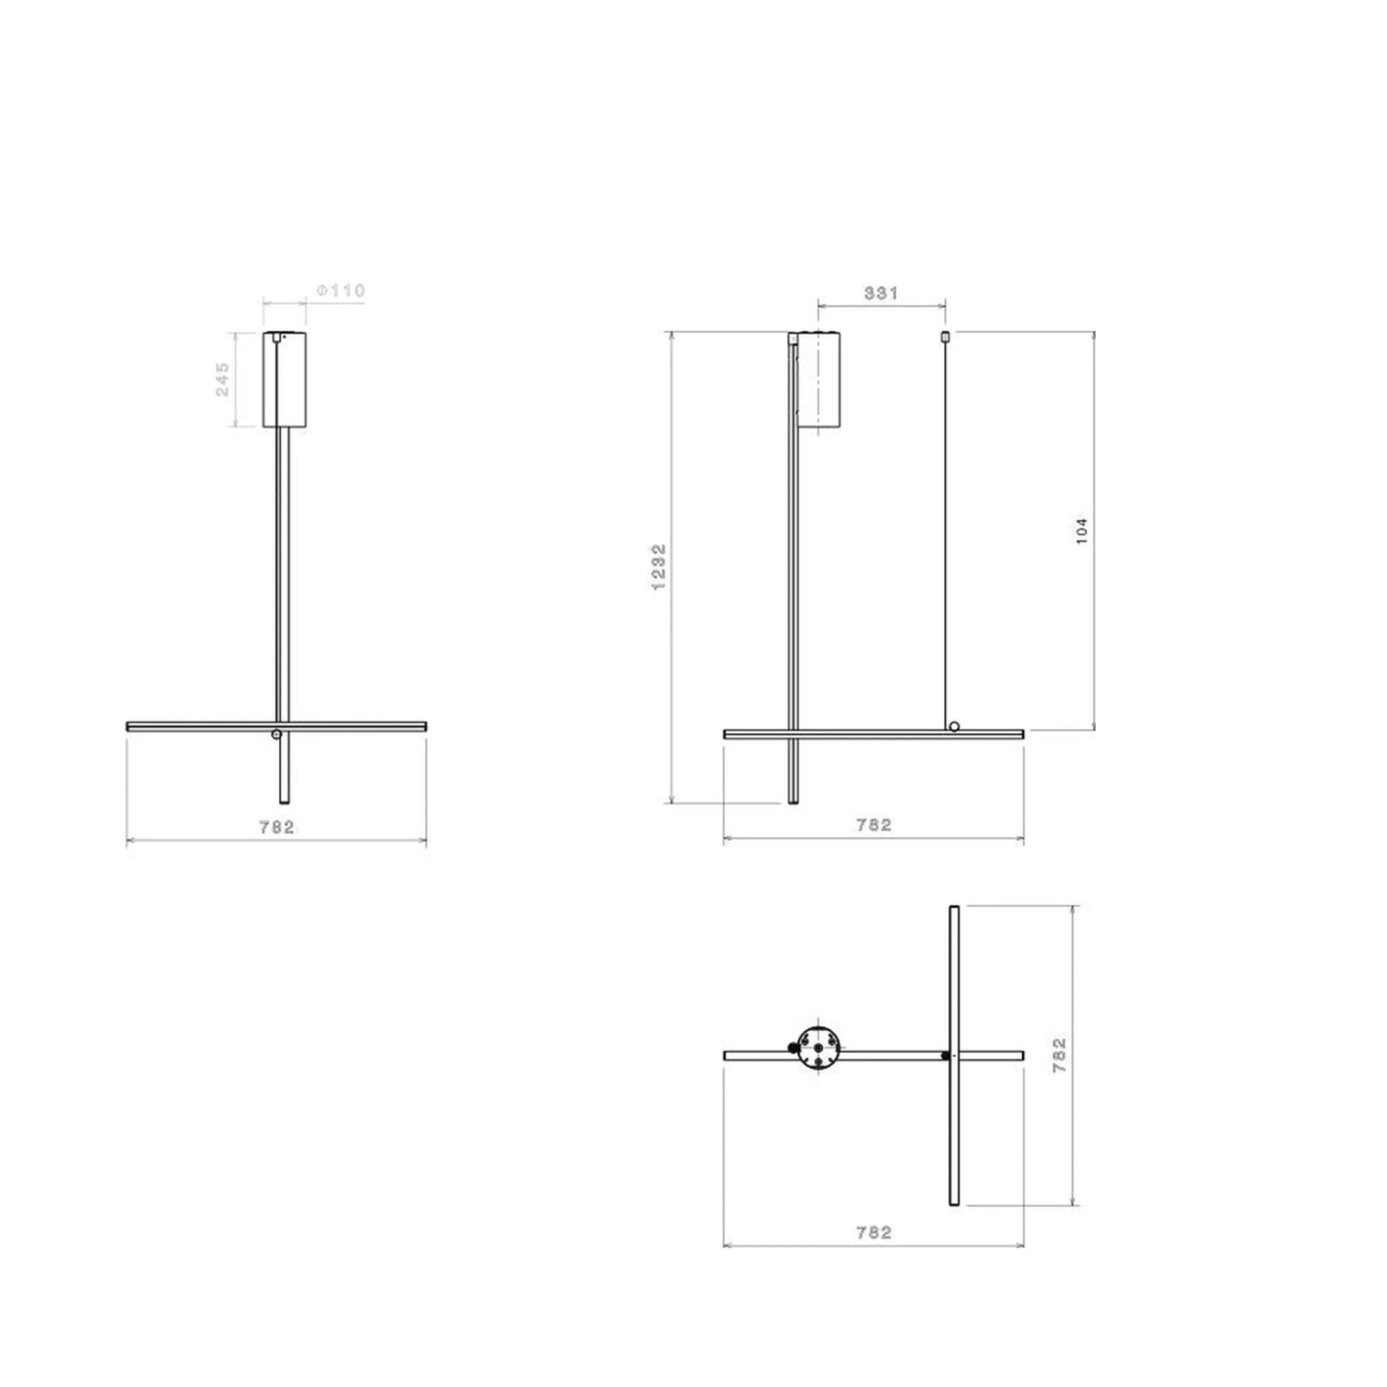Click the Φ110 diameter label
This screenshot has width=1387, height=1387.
[342, 291]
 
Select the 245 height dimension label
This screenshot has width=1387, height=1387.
[223, 379]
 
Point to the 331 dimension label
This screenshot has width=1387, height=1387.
[881, 293]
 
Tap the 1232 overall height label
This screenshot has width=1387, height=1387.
[659, 567]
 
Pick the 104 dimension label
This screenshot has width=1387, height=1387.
[1082, 530]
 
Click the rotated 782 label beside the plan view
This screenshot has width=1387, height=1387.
[1059, 1055]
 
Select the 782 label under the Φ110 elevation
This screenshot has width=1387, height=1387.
[276, 827]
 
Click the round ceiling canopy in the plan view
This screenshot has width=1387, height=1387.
[819, 1048]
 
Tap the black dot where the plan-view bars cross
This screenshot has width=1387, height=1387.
[946, 1056]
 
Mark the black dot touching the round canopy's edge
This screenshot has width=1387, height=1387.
[793, 1048]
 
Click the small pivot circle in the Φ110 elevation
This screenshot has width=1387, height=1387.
[276, 734]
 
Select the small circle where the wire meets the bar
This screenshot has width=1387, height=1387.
[954, 727]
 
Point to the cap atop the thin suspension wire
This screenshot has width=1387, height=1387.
[945, 335]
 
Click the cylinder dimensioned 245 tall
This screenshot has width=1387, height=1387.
[284, 380]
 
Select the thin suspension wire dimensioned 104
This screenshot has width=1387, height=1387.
[945, 531]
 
